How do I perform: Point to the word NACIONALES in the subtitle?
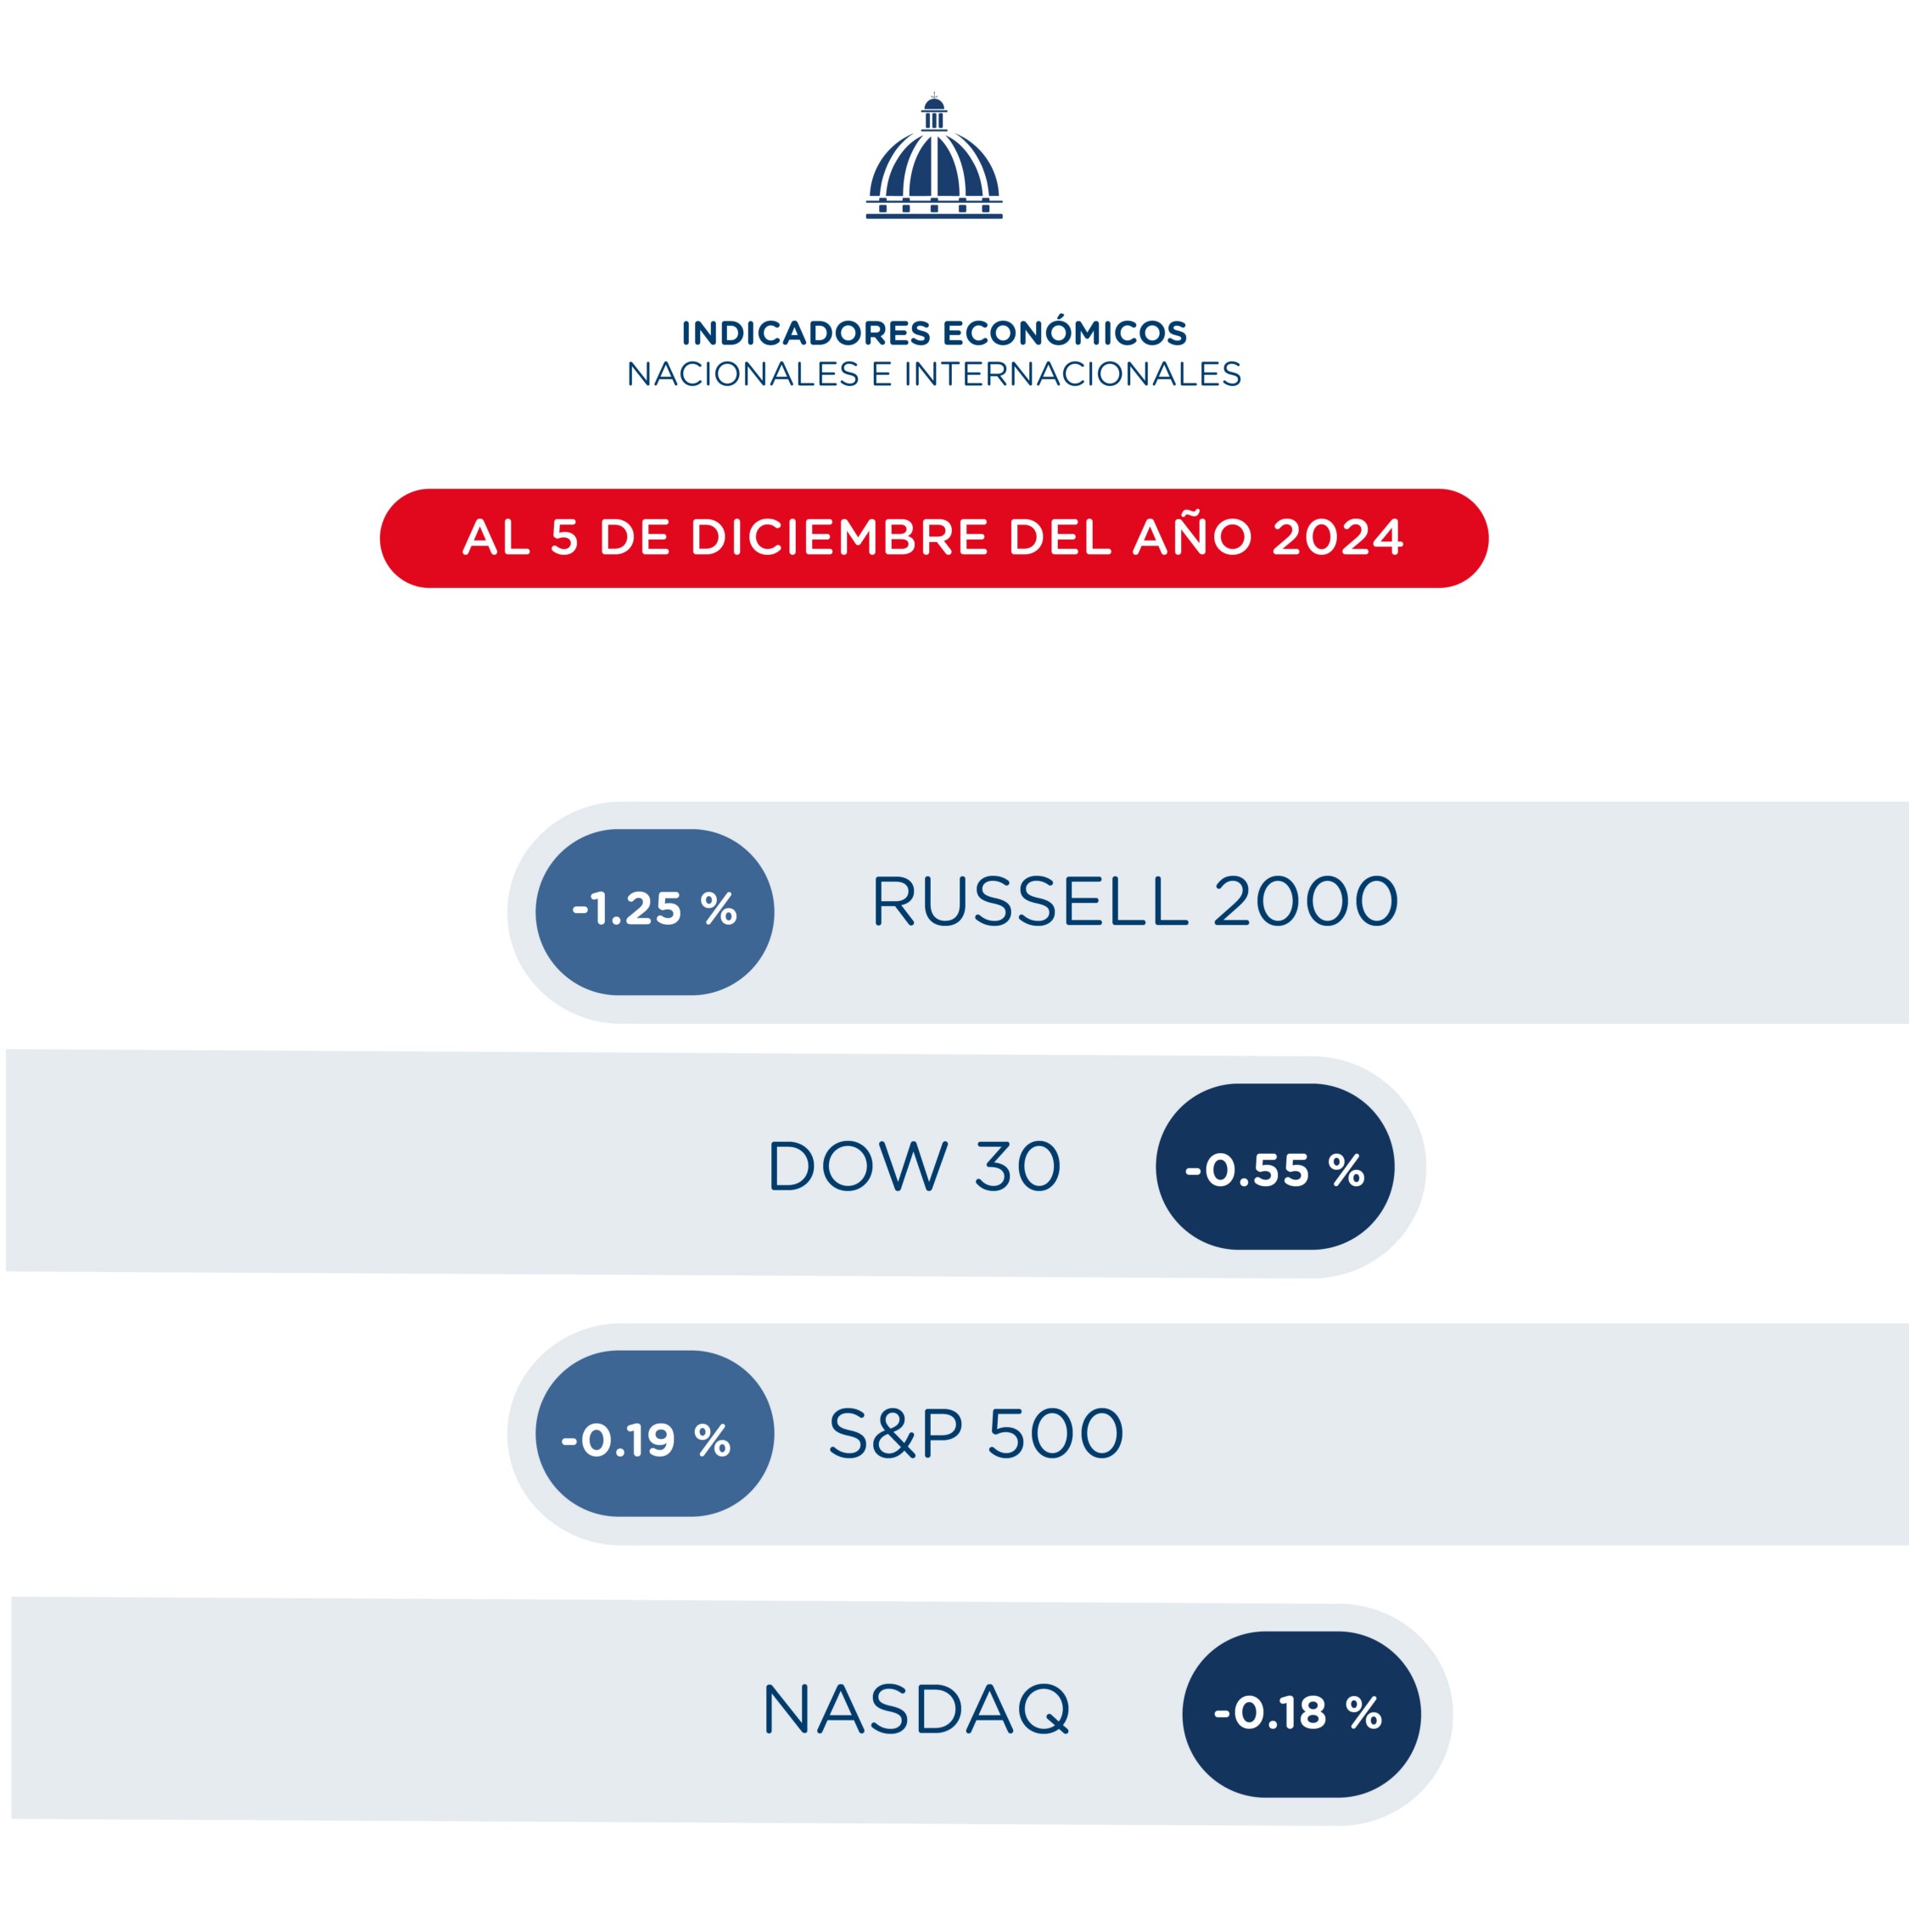pyautogui.click(x=743, y=374)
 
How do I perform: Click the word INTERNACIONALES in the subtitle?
pyautogui.click(x=1072, y=374)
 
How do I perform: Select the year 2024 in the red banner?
pyautogui.click(x=1338, y=538)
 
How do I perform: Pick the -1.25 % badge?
pyautogui.click(x=654, y=912)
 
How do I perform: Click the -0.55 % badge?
pyautogui.click(x=1274, y=1167)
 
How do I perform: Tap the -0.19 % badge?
pyautogui.click(x=654, y=1434)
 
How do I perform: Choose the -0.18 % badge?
pyautogui.click(x=1302, y=1712)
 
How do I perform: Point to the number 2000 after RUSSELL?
pyautogui.click(x=1305, y=902)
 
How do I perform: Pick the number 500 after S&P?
pyautogui.click(x=1056, y=1434)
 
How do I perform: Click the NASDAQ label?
pyautogui.click(x=916, y=1710)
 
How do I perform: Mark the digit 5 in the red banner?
pyautogui.click(x=564, y=538)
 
